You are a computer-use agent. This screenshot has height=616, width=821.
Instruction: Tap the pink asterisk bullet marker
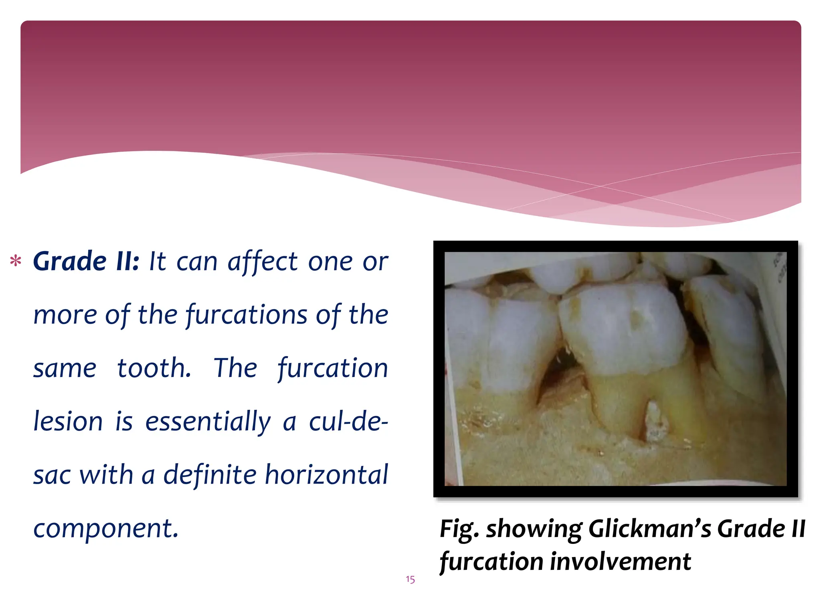point(16,261)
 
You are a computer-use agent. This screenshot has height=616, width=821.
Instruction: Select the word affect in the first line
point(263,261)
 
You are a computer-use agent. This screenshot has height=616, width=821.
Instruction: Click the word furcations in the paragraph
point(247,315)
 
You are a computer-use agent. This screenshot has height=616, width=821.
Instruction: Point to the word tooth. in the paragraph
point(154,368)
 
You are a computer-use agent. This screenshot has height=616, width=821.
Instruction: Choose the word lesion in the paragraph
point(68,421)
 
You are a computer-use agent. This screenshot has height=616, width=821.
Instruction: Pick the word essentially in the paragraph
point(208,421)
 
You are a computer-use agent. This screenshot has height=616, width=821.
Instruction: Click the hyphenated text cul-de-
point(348,421)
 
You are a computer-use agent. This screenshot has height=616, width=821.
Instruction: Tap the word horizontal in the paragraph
point(327,475)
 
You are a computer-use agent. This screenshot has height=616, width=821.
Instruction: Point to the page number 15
point(410,580)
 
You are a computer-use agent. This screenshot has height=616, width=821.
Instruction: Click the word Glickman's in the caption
point(649,529)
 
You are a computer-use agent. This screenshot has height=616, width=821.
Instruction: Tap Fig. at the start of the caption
point(459,529)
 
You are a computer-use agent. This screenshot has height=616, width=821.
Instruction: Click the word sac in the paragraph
point(52,475)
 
